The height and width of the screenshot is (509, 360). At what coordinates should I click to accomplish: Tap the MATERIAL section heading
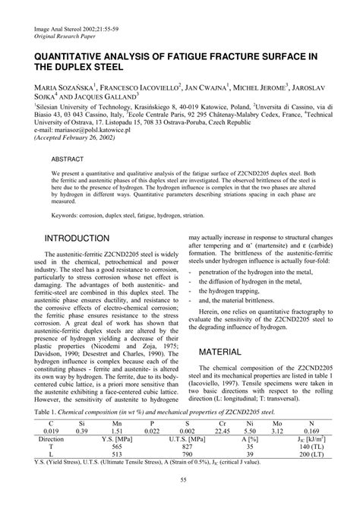coord(226,353)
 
